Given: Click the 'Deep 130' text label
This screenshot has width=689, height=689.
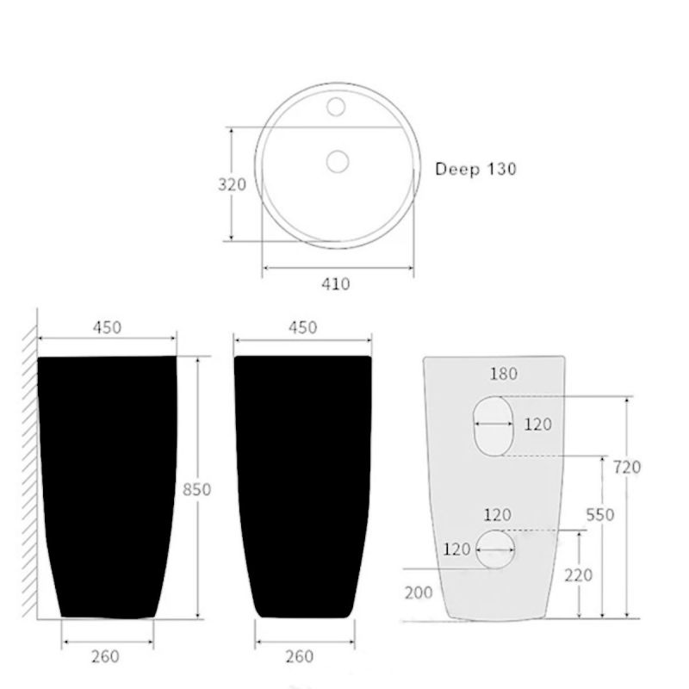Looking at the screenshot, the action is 475,169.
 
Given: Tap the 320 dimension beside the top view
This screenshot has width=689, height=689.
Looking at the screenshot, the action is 232,184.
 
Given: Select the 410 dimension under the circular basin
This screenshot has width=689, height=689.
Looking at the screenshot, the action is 336,284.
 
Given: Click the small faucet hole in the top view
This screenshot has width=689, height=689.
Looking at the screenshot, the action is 336,107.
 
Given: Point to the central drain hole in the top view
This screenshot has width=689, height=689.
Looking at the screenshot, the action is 338,161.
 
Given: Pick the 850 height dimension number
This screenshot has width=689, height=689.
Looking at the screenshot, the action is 197,489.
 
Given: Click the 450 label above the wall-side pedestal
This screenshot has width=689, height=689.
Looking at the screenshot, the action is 107,327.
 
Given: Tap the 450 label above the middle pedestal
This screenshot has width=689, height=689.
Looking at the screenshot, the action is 303,327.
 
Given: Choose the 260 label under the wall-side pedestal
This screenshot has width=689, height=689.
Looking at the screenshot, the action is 105,656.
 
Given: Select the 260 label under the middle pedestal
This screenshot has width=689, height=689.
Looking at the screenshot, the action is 300,656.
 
